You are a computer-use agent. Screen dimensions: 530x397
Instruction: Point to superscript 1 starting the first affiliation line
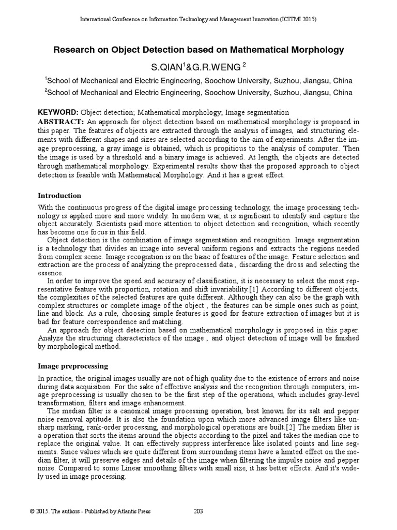point(46,79)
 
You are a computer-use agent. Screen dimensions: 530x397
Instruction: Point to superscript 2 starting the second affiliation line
point(46,91)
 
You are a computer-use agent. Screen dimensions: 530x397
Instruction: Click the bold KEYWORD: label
point(58,112)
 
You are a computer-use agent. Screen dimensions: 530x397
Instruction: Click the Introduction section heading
point(60,196)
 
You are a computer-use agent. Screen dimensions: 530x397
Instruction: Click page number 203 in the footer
point(198,511)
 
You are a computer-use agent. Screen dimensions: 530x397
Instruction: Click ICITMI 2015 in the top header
point(297,19)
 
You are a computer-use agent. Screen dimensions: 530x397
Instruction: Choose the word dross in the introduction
point(297,265)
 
